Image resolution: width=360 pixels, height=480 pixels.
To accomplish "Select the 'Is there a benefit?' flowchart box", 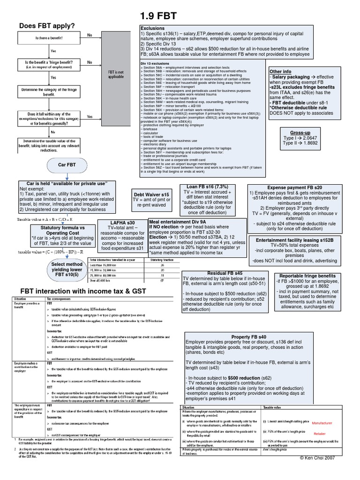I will point(49,37).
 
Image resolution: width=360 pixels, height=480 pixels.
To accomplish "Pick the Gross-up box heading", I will point(300,132).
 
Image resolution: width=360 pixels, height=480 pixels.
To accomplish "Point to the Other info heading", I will point(281,72).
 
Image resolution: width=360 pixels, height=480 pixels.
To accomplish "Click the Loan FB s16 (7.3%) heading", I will point(207,187).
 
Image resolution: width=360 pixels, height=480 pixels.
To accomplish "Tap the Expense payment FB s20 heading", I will point(294,187).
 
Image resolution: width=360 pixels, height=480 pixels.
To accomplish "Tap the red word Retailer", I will point(320,434).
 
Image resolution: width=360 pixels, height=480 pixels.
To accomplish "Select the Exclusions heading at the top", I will point(152,28).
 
